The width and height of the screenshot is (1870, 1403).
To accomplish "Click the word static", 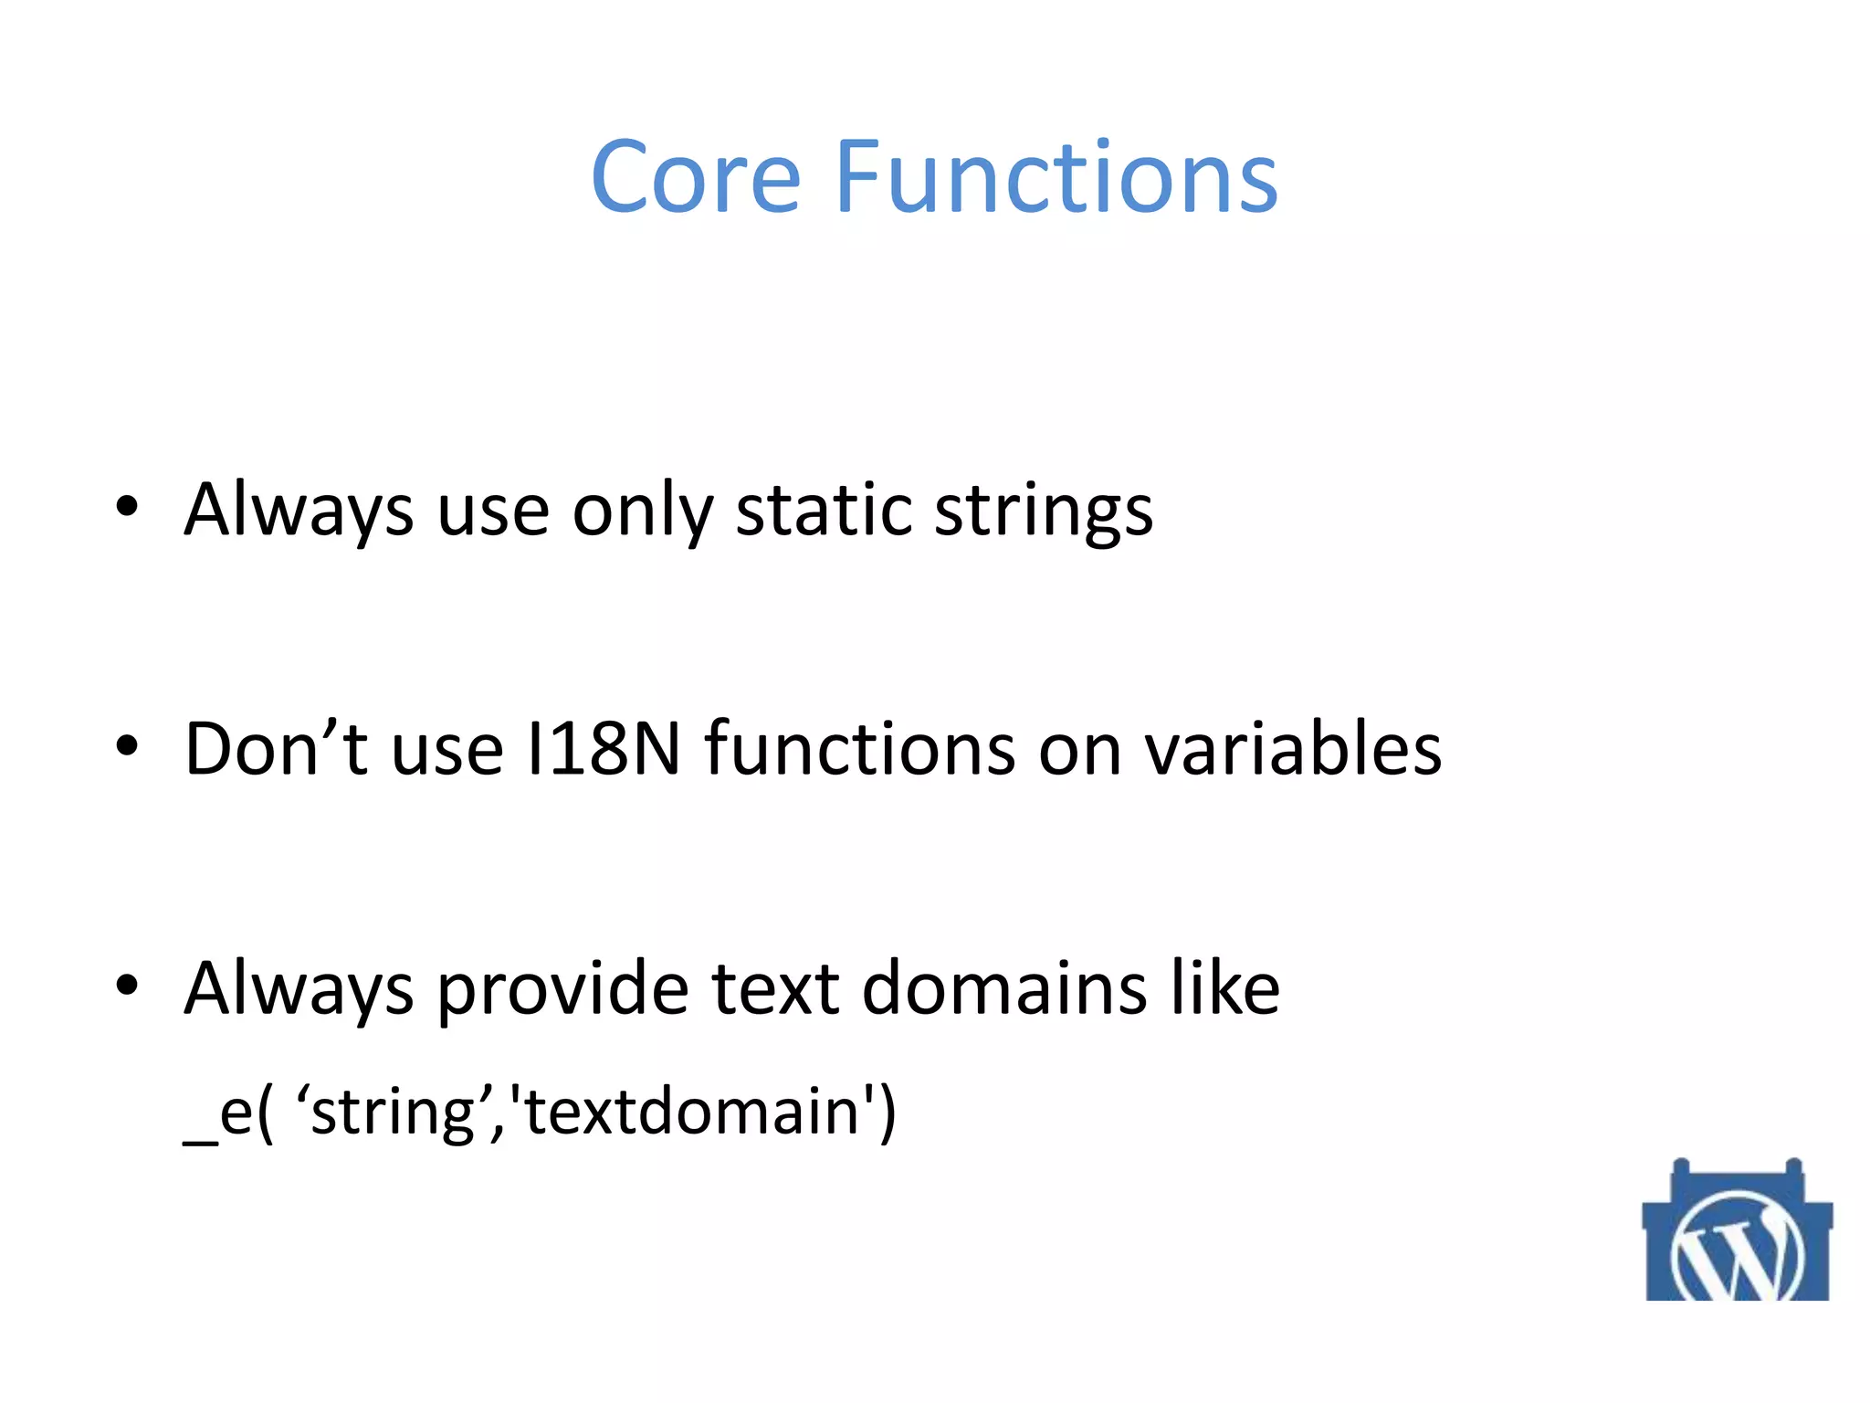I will click(x=824, y=510).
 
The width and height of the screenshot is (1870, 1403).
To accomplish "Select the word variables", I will click(x=1293, y=749).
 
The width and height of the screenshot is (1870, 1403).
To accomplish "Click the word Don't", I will click(x=276, y=749).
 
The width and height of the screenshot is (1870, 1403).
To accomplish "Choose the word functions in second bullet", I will click(x=860, y=749).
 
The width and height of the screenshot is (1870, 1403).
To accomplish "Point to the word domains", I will click(x=1003, y=988).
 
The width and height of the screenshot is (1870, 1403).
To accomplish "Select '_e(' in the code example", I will click(x=228, y=1113).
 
